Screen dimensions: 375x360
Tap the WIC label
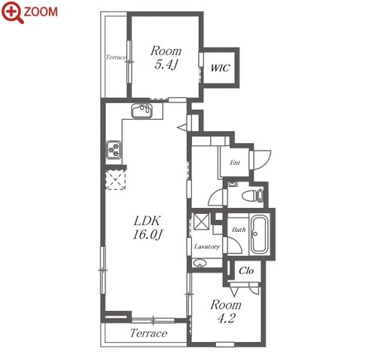point(220,68)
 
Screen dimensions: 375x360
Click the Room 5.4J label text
point(166,58)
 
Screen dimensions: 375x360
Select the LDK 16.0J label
point(148,227)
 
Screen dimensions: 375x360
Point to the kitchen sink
point(142,111)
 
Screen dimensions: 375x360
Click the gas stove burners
point(114,150)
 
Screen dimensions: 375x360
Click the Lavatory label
point(207,246)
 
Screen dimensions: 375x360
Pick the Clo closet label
point(246,270)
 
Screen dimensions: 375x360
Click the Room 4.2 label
point(226,311)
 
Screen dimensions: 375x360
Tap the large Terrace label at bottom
point(148,333)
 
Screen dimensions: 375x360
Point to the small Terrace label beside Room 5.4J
point(115,57)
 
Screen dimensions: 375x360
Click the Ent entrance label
point(235,163)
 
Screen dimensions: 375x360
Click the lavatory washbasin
point(200,263)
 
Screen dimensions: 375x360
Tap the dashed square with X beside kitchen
point(115,180)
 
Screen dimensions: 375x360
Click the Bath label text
point(239,230)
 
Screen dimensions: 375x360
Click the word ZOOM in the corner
point(41,12)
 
